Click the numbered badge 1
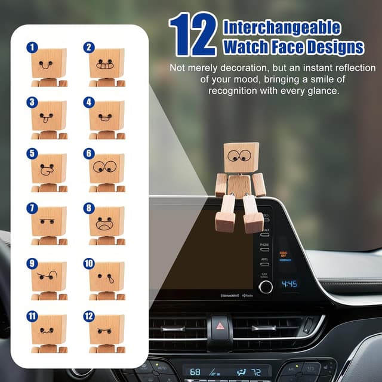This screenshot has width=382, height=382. pyautogui.click(x=32, y=47)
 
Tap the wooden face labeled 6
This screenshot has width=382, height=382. pyautogui.click(x=107, y=168)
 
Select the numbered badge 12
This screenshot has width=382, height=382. pyautogui.click(x=89, y=316)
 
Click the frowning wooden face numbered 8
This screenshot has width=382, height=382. pyautogui.click(x=107, y=221)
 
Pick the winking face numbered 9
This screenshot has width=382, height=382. pyautogui.click(x=49, y=276)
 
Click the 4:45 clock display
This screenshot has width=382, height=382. pyautogui.click(x=289, y=284)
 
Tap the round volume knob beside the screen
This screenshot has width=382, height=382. pyautogui.click(x=266, y=286)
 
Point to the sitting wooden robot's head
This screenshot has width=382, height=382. pyautogui.click(x=241, y=158)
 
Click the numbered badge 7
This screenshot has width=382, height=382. pyautogui.click(x=32, y=208)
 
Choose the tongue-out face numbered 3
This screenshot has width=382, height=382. pyautogui.click(x=49, y=115)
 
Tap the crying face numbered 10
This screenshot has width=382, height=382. pyautogui.click(x=107, y=276)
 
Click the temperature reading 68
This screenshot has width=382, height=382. pyautogui.click(x=195, y=372)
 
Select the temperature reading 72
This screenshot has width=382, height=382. pyautogui.click(x=257, y=372)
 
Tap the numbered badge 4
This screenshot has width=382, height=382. pyautogui.click(x=89, y=102)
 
